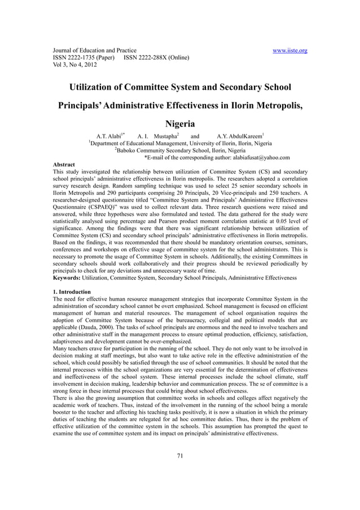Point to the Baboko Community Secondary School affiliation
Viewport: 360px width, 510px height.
point(181,151)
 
